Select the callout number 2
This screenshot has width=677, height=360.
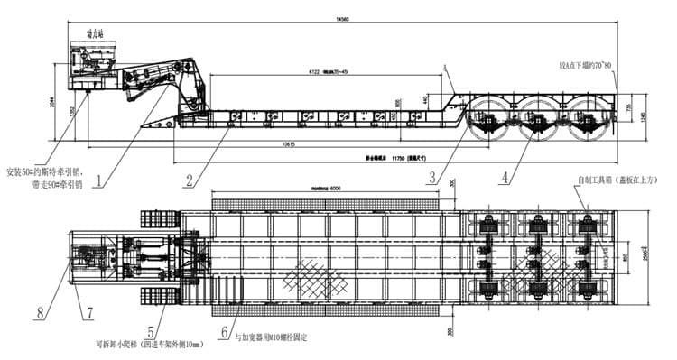tap(189, 180)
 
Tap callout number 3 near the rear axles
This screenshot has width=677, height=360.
tap(434, 177)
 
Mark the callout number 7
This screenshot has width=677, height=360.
tap(90, 313)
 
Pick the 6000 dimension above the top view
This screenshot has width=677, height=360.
tap(334, 188)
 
